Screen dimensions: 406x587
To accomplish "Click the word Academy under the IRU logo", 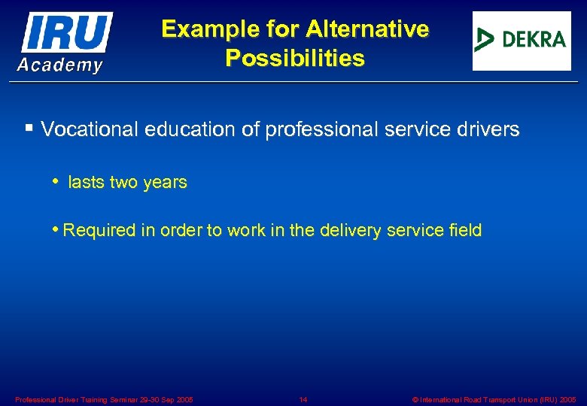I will (60, 65).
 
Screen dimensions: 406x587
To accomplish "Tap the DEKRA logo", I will (521, 41).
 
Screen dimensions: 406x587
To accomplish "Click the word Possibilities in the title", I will (294, 58).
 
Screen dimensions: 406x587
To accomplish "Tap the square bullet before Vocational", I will (29, 129).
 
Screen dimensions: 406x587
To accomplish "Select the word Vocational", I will (90, 129).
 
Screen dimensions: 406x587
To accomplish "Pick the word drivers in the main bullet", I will (490, 129).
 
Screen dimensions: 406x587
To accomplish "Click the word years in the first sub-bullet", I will (166, 183).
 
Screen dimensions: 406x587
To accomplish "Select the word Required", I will (98, 230).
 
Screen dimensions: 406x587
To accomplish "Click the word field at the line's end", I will (464, 230).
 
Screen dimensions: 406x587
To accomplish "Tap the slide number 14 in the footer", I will (303, 399).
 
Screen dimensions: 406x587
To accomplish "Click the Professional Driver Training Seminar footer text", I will (104, 399).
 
